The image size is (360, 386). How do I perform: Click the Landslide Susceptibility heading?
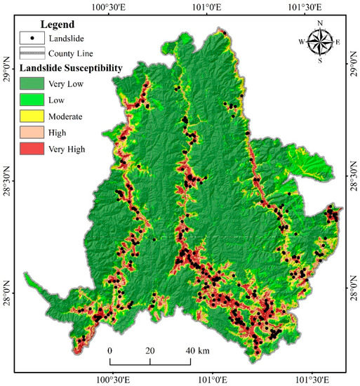(x=72, y=68)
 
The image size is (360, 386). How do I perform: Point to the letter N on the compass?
(x=321, y=23)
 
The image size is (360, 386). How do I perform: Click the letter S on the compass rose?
(x=321, y=61)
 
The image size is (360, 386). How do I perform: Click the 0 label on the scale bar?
(x=110, y=350)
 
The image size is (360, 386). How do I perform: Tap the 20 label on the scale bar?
(x=149, y=350)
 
